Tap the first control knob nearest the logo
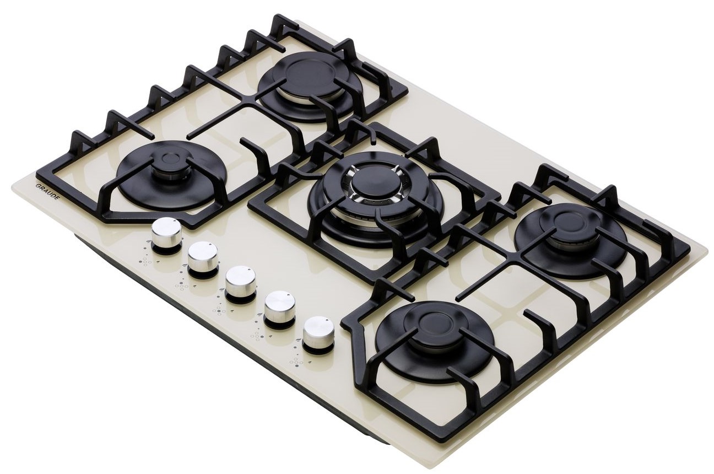click(x=166, y=232)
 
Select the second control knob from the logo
click(x=203, y=256)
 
